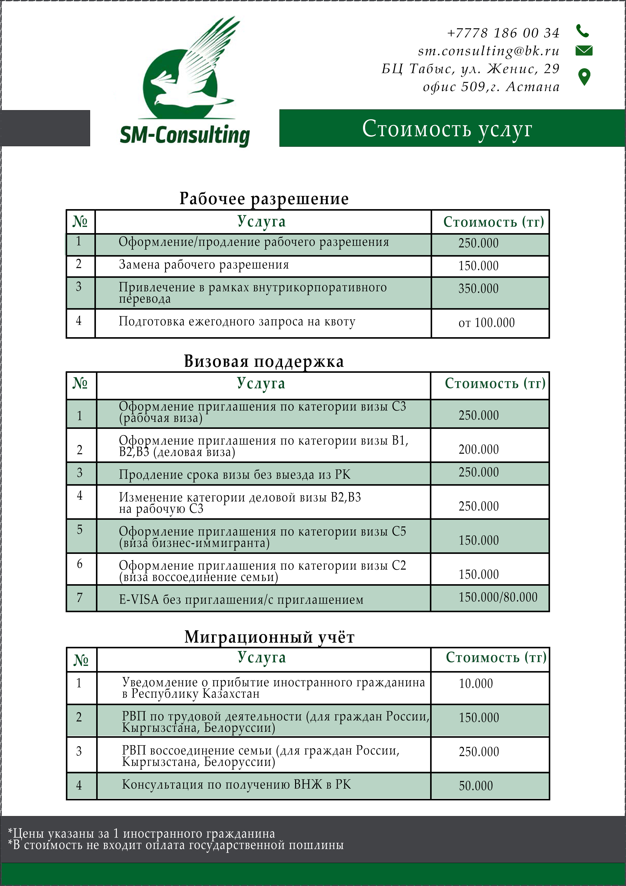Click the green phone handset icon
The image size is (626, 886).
[x=582, y=31]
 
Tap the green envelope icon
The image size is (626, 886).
[x=584, y=51]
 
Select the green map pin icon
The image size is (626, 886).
[x=584, y=77]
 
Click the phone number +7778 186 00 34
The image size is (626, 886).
[x=503, y=33]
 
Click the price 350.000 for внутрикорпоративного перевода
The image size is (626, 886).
[x=478, y=289]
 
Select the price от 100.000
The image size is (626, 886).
[x=486, y=323]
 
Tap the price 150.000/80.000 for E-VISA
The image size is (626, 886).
[x=498, y=597]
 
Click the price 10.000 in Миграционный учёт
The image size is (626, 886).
[x=476, y=683]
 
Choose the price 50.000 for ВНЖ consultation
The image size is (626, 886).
[x=476, y=786]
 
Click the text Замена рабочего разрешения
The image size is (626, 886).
[x=204, y=265]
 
